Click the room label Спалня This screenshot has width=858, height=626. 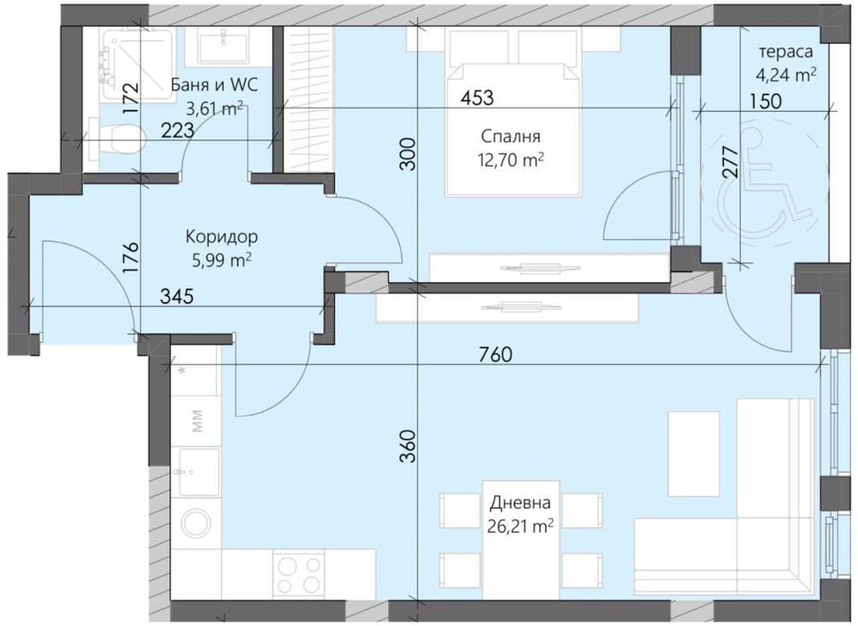point(510,137)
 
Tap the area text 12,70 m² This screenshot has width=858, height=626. point(510,160)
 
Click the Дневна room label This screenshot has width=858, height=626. point(519,505)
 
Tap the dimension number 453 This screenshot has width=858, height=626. point(476,98)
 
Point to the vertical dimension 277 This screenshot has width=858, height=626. point(729,164)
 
